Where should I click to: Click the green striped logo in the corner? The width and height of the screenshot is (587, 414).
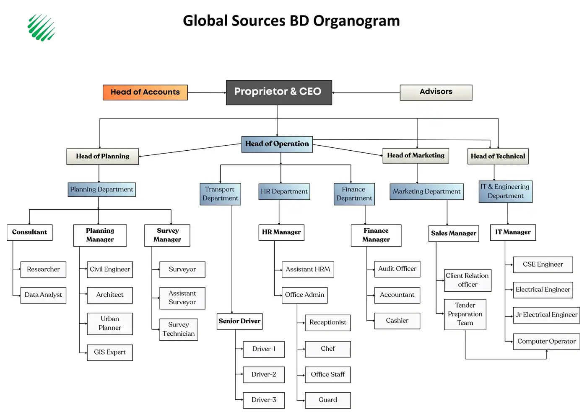(42, 28)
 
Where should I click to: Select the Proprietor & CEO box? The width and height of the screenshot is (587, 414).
(279, 93)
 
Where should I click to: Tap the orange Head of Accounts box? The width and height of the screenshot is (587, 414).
(145, 93)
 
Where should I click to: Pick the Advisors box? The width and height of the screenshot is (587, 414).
(436, 93)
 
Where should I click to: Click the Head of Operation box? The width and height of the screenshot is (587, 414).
(277, 144)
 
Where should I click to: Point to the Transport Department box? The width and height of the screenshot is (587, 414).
(220, 194)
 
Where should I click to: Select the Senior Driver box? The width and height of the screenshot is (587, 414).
(239, 321)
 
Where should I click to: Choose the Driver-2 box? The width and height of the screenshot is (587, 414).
(264, 375)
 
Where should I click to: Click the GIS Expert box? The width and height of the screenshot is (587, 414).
(110, 352)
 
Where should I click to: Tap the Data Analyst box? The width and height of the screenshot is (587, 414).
(43, 295)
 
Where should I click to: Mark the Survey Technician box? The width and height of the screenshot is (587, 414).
(179, 329)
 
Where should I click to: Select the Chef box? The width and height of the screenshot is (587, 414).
(327, 349)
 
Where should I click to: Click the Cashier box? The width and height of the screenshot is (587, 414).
(397, 321)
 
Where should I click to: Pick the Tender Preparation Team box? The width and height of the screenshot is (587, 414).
(465, 314)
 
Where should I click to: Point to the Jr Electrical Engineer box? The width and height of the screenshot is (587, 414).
(546, 315)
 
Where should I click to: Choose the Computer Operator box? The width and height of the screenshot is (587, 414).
(546, 342)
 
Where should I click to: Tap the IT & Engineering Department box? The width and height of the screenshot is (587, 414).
(505, 191)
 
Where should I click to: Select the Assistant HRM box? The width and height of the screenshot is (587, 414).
(308, 270)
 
